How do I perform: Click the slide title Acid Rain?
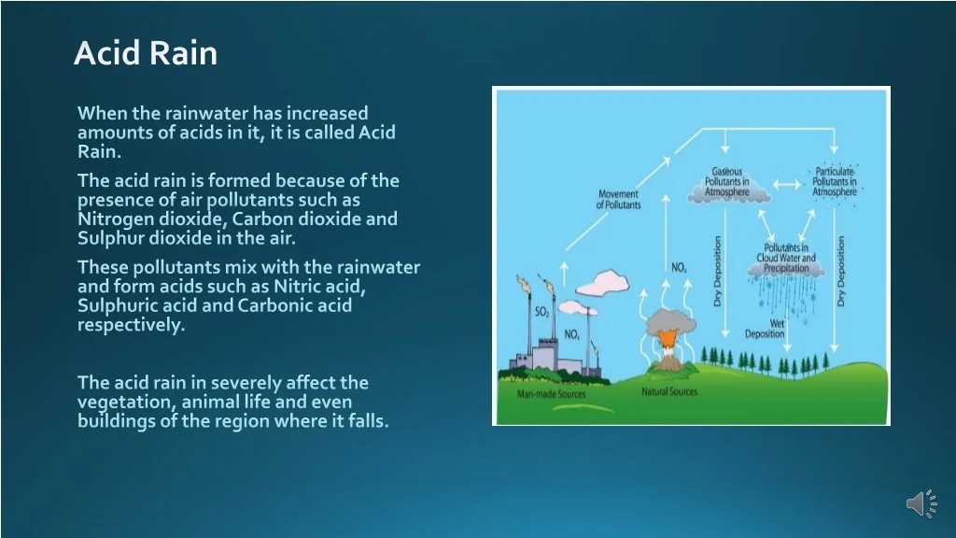coord(145,52)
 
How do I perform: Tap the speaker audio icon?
coord(921,503)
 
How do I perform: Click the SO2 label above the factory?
coord(542,312)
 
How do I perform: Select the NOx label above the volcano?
coord(679,267)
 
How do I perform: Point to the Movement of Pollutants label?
coord(618,200)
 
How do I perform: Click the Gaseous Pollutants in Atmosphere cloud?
coord(728,183)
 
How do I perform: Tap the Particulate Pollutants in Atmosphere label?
coord(835,182)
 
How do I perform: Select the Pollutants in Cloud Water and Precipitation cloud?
coord(786,260)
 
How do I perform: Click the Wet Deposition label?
coord(766,329)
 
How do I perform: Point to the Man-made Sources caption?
coord(551,394)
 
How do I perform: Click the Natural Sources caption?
coord(668,391)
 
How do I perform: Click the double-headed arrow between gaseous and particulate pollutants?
coord(788,184)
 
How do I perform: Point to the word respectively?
coord(131,325)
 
